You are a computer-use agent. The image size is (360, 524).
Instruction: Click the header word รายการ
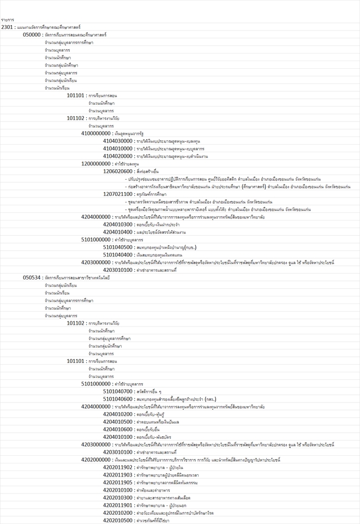point(7,20)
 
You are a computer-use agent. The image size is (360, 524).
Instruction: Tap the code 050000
point(32,34)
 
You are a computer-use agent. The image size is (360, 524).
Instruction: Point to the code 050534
point(32,278)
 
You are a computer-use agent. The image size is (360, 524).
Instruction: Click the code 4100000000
point(95,133)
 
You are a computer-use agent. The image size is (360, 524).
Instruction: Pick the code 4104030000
point(118,141)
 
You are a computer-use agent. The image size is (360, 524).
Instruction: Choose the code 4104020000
point(118,156)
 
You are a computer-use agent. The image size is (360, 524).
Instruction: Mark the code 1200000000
point(95,164)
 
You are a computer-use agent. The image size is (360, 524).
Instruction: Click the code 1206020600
point(118,171)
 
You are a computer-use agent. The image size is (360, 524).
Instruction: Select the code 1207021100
point(118,194)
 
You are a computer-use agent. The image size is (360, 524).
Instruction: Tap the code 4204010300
point(118,224)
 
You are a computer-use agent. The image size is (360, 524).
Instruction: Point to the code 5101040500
point(118,247)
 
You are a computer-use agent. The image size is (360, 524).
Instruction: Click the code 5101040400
point(118,255)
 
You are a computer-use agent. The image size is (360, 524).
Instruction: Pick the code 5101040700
point(118,391)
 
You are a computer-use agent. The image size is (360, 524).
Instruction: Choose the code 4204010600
point(118,430)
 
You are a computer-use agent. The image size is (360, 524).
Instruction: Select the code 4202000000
point(95,460)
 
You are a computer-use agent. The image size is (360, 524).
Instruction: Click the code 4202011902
point(118,468)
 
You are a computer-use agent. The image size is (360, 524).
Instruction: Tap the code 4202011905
point(118,483)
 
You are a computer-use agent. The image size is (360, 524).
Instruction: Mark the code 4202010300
point(118,498)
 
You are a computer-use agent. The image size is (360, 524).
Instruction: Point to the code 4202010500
point(118,521)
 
